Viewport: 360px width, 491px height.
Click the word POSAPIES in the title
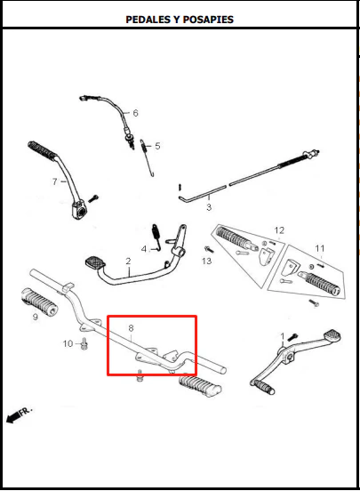point(208,20)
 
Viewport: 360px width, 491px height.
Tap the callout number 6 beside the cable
point(135,113)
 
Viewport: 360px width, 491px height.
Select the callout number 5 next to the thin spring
point(157,146)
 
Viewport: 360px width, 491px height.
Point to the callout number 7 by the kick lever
point(55,181)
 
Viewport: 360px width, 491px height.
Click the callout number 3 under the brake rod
point(209,207)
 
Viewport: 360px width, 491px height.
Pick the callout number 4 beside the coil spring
point(144,249)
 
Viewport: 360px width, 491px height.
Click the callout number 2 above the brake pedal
point(128,261)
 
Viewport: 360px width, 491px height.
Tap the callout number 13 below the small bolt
point(206,261)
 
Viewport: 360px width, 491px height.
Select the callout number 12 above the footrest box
point(279,230)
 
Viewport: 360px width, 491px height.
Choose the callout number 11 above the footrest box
point(320,248)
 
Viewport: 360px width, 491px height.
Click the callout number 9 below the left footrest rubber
point(36,317)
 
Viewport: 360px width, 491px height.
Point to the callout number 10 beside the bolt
point(68,344)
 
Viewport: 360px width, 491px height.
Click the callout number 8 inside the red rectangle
point(131,328)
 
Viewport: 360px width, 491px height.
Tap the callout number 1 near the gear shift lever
point(283,336)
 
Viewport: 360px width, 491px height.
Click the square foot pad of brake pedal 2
point(95,262)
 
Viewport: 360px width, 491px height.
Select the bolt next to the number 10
point(84,344)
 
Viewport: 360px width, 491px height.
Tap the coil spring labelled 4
point(156,236)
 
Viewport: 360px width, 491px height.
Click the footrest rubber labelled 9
point(39,302)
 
